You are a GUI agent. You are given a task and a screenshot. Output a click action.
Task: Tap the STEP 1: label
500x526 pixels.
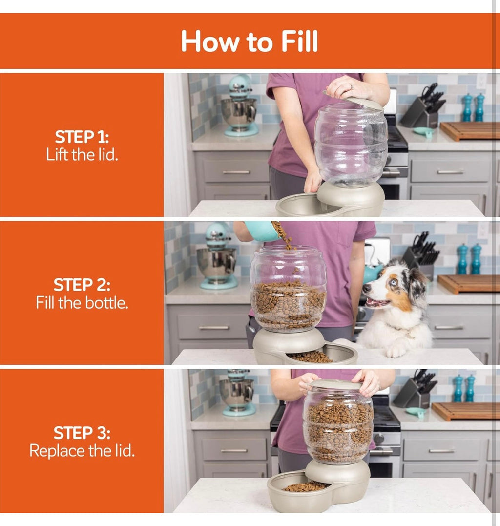pyautogui.click(x=82, y=137)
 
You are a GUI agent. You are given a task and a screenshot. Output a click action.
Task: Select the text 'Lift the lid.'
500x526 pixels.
pyautogui.click(x=82, y=155)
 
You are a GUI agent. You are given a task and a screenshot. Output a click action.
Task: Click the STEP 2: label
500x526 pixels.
pyautogui.click(x=82, y=285)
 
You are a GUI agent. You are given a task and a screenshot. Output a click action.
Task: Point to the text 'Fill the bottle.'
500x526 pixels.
pyautogui.click(x=82, y=303)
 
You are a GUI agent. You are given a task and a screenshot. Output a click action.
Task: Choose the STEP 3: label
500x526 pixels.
pyautogui.click(x=82, y=433)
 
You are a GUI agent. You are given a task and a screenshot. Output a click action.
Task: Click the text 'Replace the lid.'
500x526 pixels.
pyautogui.click(x=82, y=450)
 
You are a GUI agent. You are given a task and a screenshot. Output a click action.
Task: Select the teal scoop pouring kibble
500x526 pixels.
pyautogui.click(x=262, y=231)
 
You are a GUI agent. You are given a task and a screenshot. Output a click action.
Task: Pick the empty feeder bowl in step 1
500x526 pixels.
pyautogui.click(x=302, y=205)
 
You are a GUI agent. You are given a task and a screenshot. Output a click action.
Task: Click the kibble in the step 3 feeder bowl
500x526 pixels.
pyautogui.click(x=305, y=487)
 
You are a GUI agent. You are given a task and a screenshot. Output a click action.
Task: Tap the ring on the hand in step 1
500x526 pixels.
pyautogui.click(x=351, y=86)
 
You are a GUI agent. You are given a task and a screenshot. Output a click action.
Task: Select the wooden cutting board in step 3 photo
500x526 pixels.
pyautogui.click(x=466, y=411)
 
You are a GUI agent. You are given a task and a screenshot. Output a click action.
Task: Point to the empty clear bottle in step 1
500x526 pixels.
pyautogui.click(x=351, y=144)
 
